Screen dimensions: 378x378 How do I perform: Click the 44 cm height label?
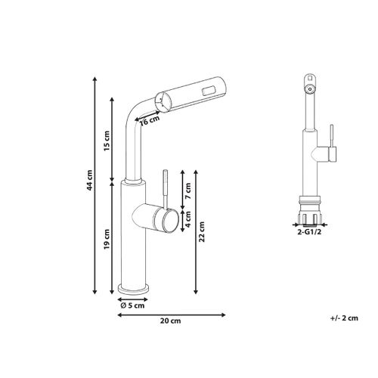pos(90,180)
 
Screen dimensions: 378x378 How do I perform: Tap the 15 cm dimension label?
pos(107,141)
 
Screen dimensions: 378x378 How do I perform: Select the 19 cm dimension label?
pos(107,239)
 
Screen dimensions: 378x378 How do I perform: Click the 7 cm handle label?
pos(188,191)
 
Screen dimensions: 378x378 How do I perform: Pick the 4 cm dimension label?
pos(188,219)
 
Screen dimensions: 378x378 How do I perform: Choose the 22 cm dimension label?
pos(202,232)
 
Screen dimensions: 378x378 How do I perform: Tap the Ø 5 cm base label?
pos(132,305)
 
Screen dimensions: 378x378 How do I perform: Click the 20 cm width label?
pos(171,321)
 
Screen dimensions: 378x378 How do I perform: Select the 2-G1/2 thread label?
pos(309,232)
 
